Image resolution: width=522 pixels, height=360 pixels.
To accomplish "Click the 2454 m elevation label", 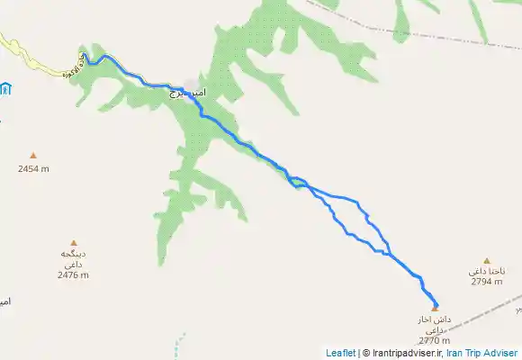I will click(x=33, y=168).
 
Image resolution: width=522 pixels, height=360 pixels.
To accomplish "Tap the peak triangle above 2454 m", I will click(x=33, y=156).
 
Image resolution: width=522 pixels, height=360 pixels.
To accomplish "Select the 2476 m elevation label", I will click(x=73, y=274).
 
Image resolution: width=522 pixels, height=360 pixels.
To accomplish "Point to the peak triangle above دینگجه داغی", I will click(x=74, y=242).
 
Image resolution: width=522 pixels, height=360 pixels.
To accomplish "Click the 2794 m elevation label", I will click(x=487, y=282).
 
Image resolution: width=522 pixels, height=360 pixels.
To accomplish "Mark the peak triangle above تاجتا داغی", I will click(x=487, y=261).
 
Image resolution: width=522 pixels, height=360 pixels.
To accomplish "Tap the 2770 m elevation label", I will click(x=434, y=340).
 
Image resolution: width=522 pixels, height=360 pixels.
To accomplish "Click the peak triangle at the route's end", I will click(x=435, y=307).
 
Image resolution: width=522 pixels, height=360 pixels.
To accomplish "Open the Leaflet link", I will click(x=340, y=354).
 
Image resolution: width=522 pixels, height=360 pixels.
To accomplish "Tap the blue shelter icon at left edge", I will click(x=5, y=88).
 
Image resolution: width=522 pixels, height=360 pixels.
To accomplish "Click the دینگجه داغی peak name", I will click(x=73, y=259).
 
